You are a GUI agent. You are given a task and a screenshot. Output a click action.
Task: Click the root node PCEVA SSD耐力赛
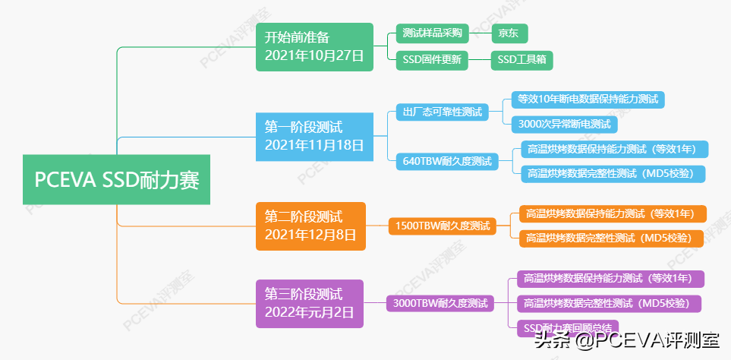[116, 180]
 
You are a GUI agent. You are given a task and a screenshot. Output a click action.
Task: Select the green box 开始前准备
[314, 47]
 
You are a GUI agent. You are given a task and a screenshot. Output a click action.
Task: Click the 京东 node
[509, 33]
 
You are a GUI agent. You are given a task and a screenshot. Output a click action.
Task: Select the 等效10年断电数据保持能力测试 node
[588, 99]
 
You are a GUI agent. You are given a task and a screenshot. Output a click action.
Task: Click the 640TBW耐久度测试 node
[447, 161]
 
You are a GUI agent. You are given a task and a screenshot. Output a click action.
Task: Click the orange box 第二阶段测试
[310, 226]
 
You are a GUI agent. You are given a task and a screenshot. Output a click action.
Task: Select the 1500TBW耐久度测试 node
[442, 226]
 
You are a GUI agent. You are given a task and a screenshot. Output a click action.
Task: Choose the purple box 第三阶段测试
[310, 303]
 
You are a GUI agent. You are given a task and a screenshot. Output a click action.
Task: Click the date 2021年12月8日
[310, 235]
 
